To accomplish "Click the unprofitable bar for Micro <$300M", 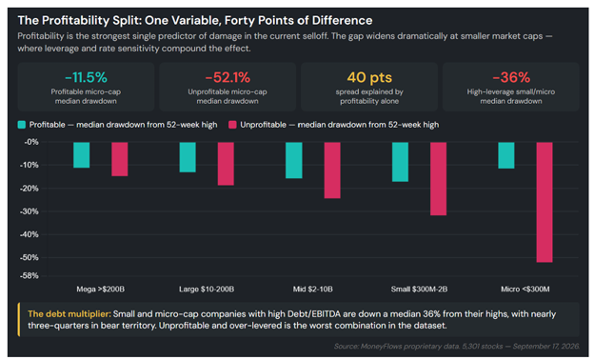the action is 544,202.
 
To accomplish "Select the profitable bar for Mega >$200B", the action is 82,155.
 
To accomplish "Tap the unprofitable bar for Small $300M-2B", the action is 438,179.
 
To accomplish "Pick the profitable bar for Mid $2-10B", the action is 294,160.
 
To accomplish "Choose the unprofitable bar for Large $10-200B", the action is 226,164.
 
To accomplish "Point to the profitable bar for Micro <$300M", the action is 506,155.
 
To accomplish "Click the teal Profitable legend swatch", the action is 22,125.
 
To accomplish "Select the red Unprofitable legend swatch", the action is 232,125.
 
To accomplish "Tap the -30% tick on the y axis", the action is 30,211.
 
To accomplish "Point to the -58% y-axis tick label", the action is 30,276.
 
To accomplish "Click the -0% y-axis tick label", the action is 31,142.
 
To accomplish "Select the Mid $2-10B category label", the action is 313,290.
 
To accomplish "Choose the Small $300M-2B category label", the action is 419,290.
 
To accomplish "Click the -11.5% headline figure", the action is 86,77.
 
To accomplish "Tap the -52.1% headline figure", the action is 228,77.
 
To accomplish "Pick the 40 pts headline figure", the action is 369,77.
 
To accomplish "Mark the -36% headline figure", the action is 511,77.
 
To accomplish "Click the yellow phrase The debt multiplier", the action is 69,314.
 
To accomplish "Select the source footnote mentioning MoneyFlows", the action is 457,347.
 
